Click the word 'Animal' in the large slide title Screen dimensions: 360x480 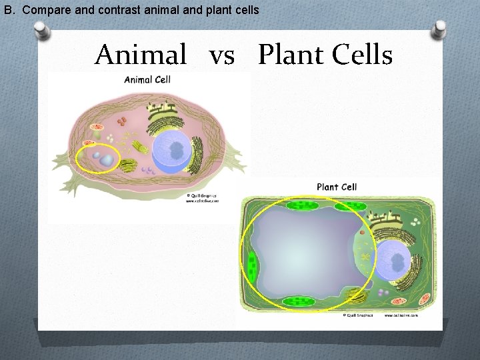(141, 55)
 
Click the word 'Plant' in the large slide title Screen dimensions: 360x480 (289, 55)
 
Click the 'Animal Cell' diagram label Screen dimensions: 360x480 (147, 80)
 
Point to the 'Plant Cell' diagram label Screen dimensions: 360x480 (337, 187)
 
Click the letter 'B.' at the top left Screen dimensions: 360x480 (10, 10)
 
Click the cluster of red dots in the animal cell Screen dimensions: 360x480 (123, 122)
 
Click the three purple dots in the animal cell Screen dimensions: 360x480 (149, 171)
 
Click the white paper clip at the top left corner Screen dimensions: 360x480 (42, 31)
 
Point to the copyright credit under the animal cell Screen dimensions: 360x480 (201, 197)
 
